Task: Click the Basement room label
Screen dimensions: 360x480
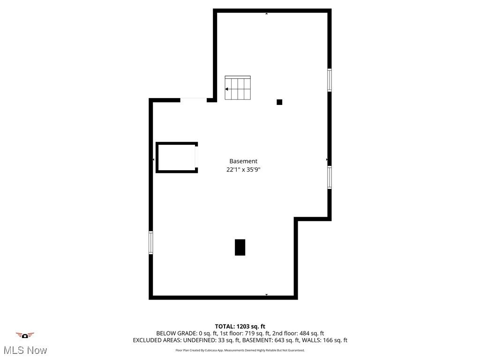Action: tap(243, 161)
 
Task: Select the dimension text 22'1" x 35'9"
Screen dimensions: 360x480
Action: tap(243, 170)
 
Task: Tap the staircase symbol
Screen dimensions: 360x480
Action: tap(238, 88)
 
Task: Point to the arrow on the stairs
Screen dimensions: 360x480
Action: tap(227, 89)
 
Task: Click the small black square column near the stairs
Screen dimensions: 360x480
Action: tap(279, 102)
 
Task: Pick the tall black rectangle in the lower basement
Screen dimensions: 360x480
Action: tap(240, 247)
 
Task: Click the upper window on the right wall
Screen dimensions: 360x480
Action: tap(330, 80)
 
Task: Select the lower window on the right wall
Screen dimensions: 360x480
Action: tap(330, 178)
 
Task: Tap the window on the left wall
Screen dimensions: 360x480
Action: tap(151, 242)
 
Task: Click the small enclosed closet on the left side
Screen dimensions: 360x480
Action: tap(176, 157)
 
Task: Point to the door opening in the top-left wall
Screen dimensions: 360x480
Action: tap(194, 100)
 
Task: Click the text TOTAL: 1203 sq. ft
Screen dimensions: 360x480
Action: tap(240, 326)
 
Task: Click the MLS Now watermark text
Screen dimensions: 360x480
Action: tap(25, 350)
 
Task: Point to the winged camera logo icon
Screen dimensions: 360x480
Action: tap(25, 335)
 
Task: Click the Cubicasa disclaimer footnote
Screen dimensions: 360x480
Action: tap(240, 350)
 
